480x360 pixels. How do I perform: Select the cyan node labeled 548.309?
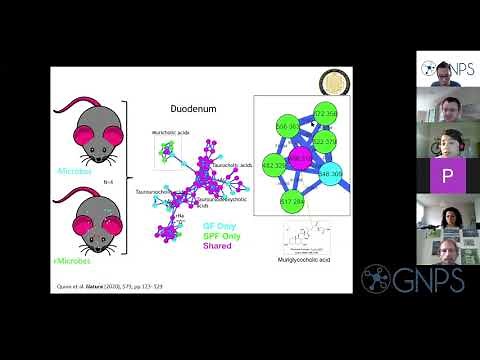(x=331, y=173)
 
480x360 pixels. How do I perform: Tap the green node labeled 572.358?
(x=325, y=113)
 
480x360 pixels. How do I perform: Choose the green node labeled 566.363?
(x=287, y=128)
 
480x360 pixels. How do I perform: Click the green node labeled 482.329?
(x=274, y=164)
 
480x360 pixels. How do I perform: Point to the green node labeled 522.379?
(x=324, y=141)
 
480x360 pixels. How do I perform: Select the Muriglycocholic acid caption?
(x=305, y=259)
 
